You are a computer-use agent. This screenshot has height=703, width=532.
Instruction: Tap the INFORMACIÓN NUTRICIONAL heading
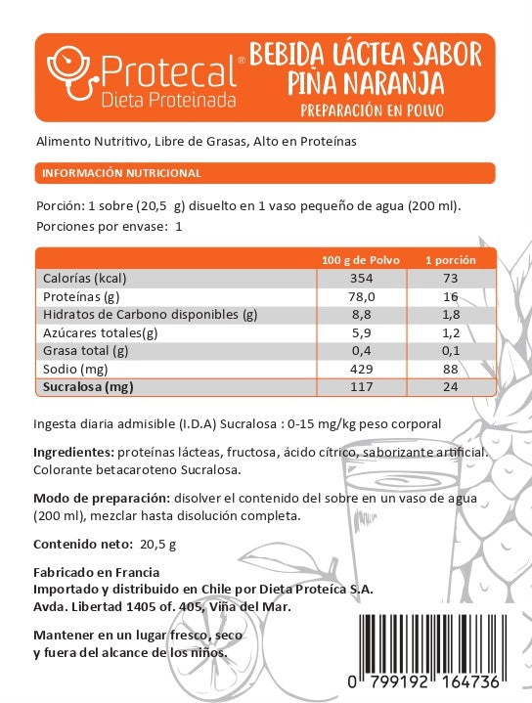tap(121, 173)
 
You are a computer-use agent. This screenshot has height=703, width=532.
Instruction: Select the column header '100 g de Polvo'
tap(361, 260)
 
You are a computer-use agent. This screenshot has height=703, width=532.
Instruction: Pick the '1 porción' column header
tap(450, 260)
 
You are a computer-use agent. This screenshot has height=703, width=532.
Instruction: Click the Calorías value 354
tap(361, 279)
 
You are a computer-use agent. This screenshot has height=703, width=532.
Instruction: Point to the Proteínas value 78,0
tap(361, 296)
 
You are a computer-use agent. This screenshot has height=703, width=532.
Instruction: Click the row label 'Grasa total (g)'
tap(86, 350)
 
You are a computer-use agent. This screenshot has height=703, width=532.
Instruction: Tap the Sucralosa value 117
tap(361, 386)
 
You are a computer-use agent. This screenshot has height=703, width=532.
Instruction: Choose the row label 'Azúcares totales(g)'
tap(99, 332)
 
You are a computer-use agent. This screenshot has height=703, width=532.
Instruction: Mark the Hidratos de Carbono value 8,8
tap(361, 315)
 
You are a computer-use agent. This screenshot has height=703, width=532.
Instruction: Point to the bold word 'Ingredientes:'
tap(73, 455)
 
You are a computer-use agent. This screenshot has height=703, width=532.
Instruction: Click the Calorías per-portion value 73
tap(450, 279)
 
